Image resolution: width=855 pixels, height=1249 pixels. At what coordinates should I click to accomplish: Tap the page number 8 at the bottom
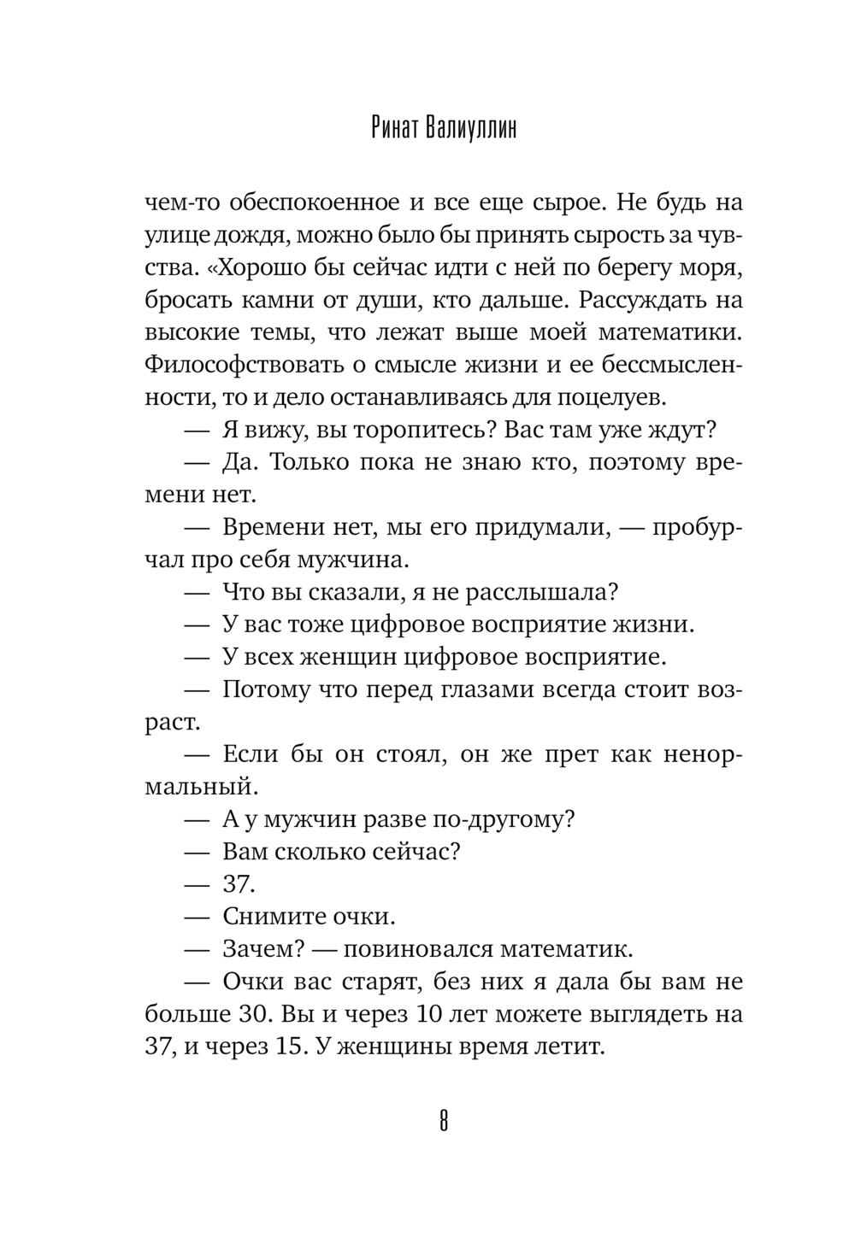click(443, 1120)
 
